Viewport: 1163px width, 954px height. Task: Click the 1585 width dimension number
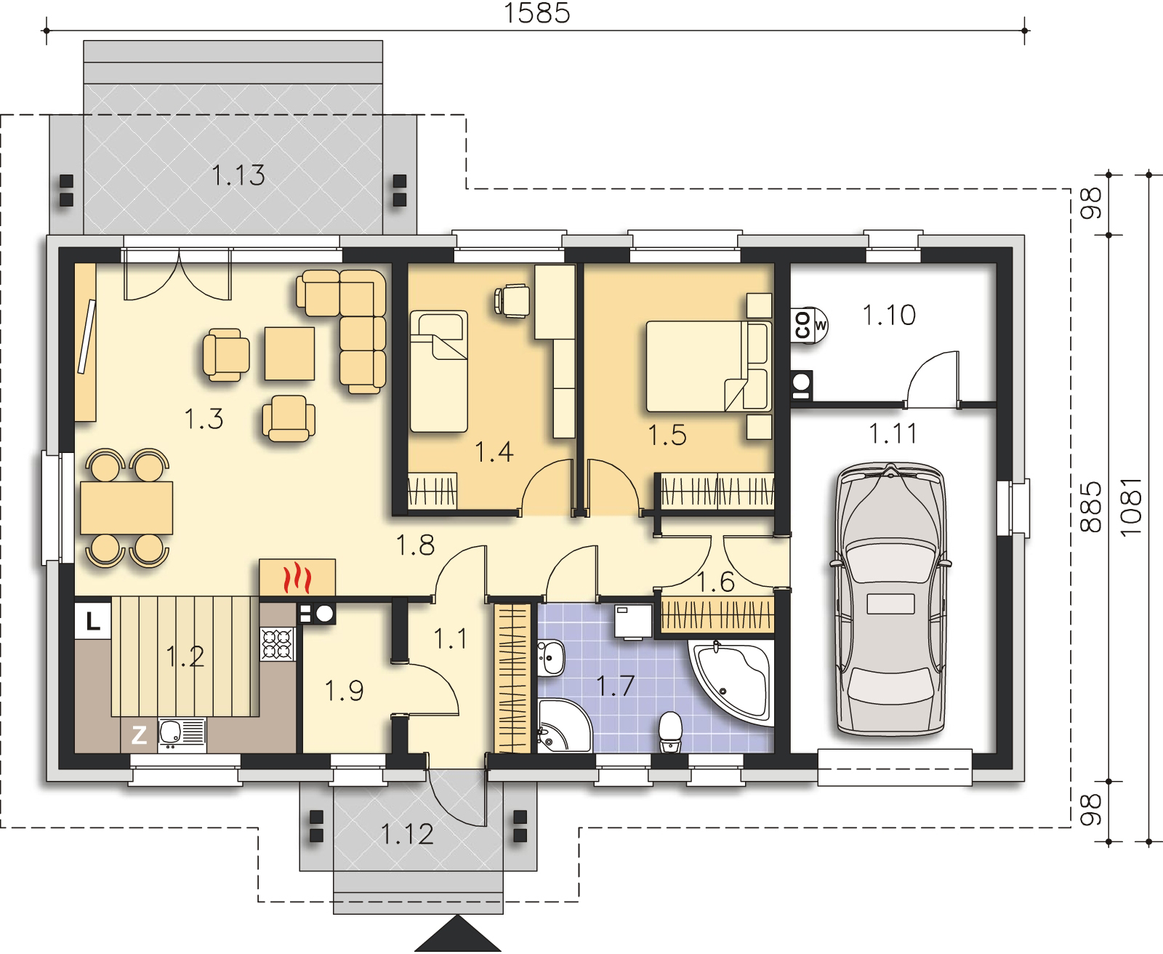537,12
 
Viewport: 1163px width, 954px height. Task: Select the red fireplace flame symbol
297,577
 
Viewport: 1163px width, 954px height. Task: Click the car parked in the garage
890,600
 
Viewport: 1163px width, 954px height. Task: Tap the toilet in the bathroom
671,731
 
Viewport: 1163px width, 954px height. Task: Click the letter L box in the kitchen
92,621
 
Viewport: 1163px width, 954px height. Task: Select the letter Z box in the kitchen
139,735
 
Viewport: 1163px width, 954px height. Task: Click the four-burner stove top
278,644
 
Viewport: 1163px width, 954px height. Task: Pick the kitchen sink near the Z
182,734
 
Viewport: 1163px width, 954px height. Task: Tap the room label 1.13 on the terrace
238,175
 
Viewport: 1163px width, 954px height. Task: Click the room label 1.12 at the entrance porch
407,834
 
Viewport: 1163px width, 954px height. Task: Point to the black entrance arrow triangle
458,934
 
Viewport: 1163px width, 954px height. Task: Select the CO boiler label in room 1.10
802,325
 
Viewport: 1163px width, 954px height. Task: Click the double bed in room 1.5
709,366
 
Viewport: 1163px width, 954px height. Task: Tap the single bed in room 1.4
439,372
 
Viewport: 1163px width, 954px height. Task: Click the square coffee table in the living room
289,353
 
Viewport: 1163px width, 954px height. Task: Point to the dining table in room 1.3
126,508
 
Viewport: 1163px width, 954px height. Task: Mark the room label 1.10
889,315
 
